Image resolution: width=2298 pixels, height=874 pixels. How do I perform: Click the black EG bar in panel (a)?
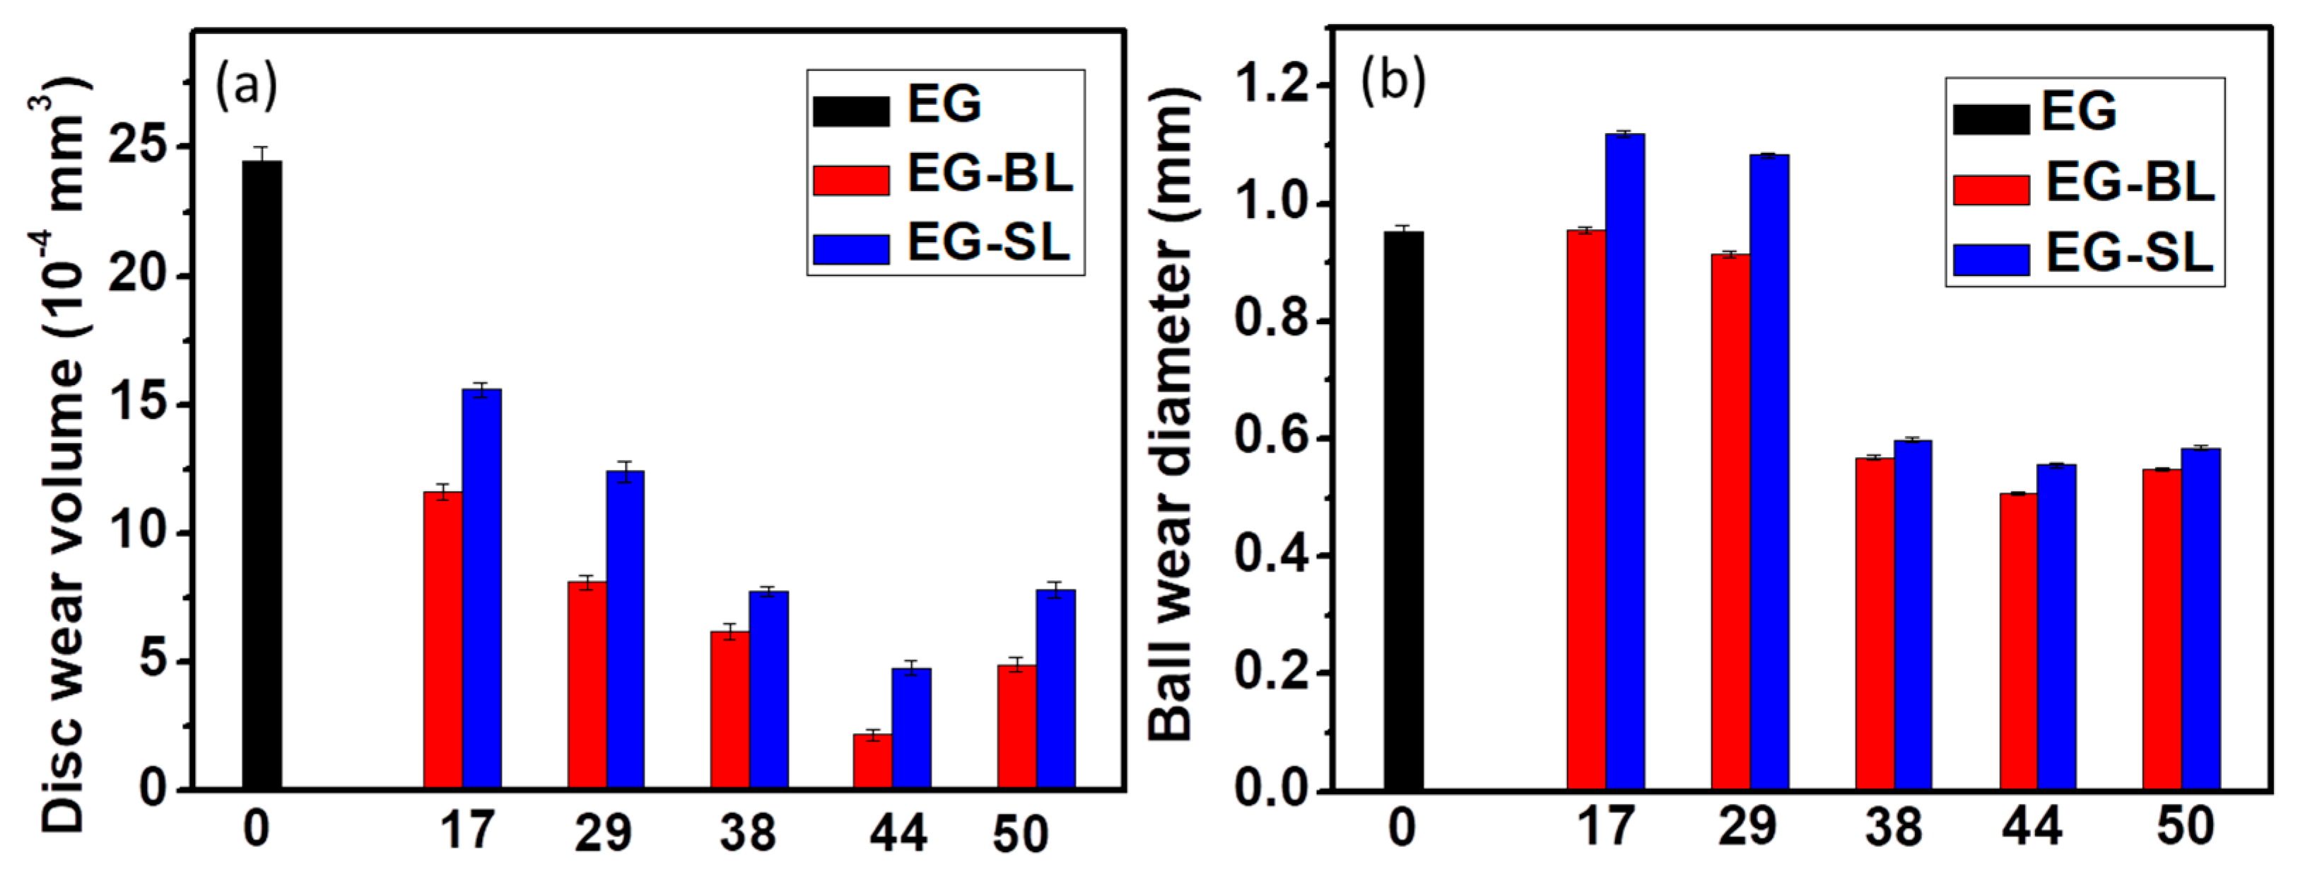pyautogui.click(x=262, y=473)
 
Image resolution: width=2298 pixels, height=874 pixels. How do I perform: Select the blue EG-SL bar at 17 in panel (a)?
pyautogui.click(x=481, y=590)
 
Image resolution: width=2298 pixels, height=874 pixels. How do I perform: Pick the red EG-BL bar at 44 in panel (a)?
pyautogui.click(x=872, y=761)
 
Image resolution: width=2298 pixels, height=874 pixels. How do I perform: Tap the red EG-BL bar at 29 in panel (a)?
pyautogui.click(x=586, y=685)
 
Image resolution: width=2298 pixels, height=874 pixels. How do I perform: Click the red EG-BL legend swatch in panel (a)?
pyautogui.click(x=850, y=180)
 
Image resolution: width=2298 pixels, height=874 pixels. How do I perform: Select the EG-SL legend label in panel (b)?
pyautogui.click(x=2129, y=253)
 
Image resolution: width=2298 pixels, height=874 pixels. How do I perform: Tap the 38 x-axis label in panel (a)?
pyautogui.click(x=748, y=833)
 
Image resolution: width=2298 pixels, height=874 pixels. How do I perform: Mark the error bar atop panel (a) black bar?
pyautogui.click(x=262, y=154)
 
